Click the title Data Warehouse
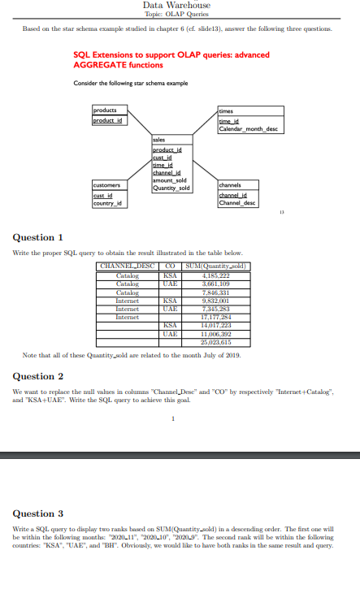[176, 6]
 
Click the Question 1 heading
[39, 237]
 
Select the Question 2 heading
[39, 376]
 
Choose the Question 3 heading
[39, 513]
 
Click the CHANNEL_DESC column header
[126, 266]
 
